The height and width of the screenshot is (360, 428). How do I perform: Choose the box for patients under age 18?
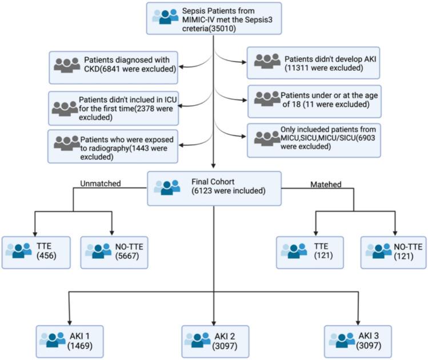(x=314, y=101)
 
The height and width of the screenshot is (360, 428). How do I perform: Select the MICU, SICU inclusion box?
(x=314, y=139)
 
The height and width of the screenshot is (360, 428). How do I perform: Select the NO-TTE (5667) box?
(x=114, y=253)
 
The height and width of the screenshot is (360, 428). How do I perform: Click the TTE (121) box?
(x=310, y=253)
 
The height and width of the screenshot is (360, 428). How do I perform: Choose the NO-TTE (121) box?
(x=394, y=253)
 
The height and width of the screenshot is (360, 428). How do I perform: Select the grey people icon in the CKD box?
(x=67, y=65)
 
